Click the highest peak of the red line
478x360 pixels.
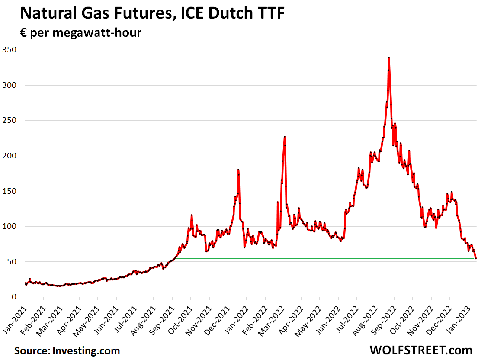pyautogui.click(x=389, y=58)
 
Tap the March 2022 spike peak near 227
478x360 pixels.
pyautogui.click(x=285, y=137)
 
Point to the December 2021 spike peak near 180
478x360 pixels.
pyautogui.click(x=238, y=170)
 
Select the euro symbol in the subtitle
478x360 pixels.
pyautogui.click(x=24, y=33)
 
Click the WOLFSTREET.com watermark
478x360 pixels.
pyautogui.click(x=420, y=350)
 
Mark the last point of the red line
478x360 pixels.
pyautogui.click(x=476, y=258)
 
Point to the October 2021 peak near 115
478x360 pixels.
pyautogui.click(x=192, y=215)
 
